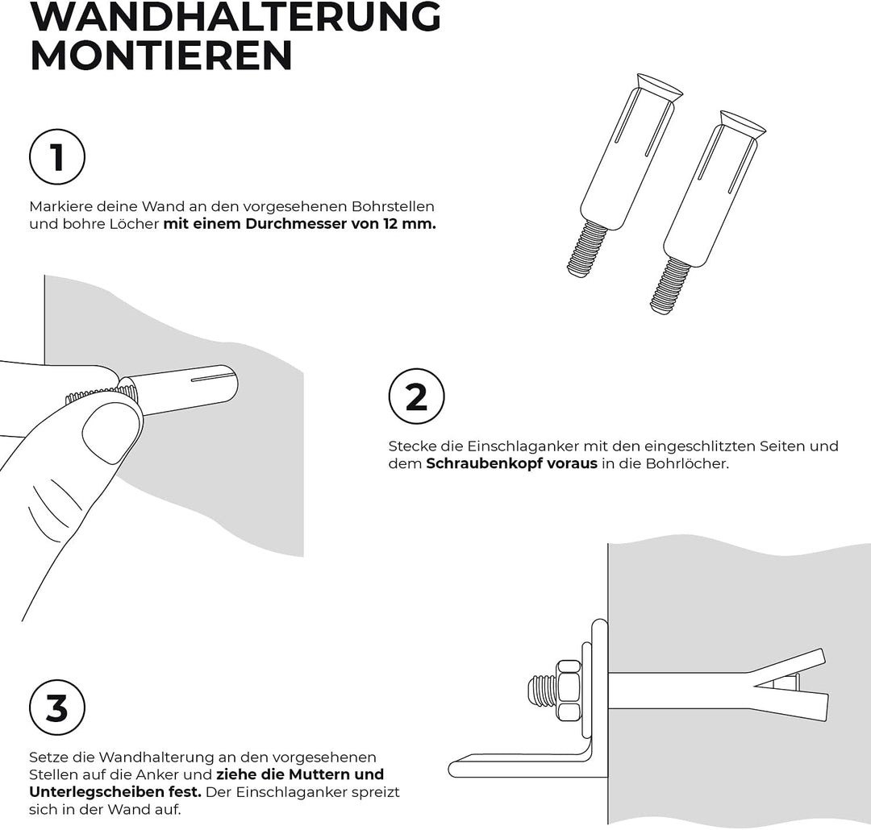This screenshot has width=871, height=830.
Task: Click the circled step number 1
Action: (x=57, y=156)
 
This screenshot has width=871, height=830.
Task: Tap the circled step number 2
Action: (x=416, y=396)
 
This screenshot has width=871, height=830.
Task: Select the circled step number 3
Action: (x=57, y=708)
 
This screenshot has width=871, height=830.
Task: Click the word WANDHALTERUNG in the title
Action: (x=235, y=18)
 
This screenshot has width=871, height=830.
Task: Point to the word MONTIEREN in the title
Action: (x=161, y=55)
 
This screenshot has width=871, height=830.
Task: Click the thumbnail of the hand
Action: (x=110, y=433)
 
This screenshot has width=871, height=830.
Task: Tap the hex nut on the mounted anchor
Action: (x=569, y=690)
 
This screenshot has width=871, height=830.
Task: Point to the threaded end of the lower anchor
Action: (x=670, y=287)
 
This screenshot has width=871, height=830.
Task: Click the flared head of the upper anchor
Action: (x=660, y=86)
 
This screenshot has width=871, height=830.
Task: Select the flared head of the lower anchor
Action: (x=744, y=124)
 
